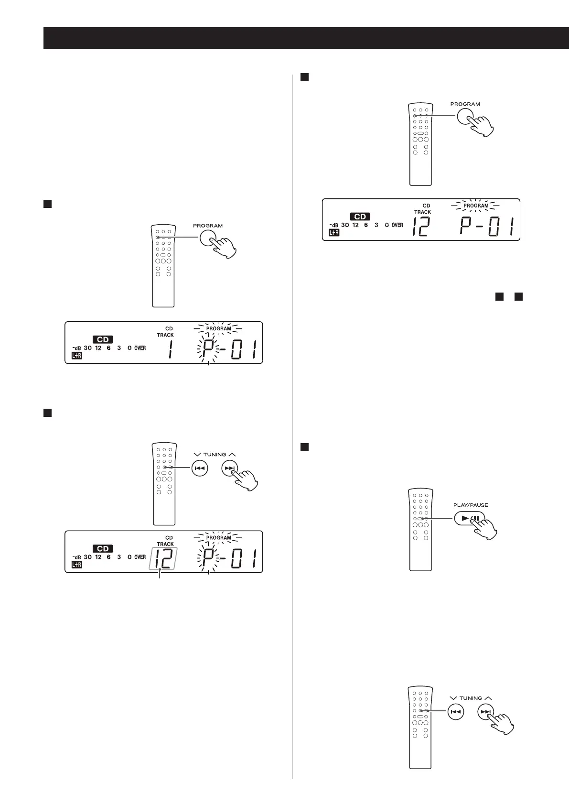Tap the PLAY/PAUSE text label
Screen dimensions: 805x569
coord(470,505)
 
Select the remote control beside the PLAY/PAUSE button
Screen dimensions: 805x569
coord(420,530)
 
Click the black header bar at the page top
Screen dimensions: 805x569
coord(306,38)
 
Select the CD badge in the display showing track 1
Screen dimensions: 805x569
coord(103,339)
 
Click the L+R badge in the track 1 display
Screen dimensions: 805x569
coord(76,356)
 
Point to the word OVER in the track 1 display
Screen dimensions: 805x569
coord(140,348)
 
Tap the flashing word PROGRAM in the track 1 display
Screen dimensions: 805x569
coord(218,329)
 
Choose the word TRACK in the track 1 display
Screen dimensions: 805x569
coord(165,335)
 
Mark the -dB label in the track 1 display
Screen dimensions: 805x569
coord(76,348)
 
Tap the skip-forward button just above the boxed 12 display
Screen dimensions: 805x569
coord(230,468)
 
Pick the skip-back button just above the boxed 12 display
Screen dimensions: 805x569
coord(199,468)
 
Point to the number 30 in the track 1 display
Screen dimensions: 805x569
coord(87,348)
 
